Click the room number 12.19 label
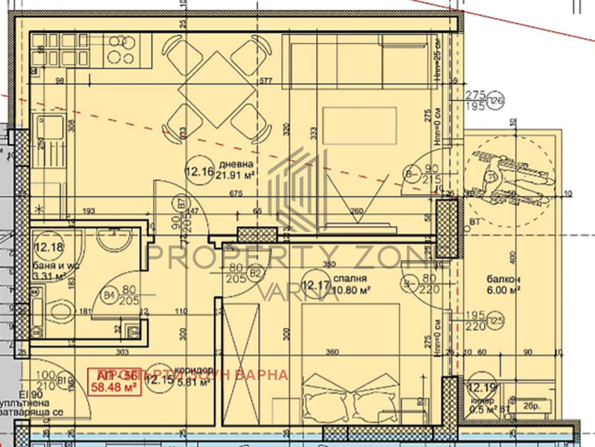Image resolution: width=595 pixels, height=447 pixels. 481,387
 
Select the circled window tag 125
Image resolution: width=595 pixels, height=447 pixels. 495,321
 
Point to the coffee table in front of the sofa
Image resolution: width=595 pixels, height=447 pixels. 361,122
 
